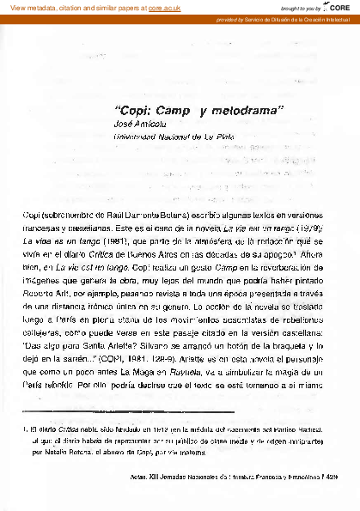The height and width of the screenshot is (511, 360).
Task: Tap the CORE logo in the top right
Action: pyautogui.click(x=339, y=7)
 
